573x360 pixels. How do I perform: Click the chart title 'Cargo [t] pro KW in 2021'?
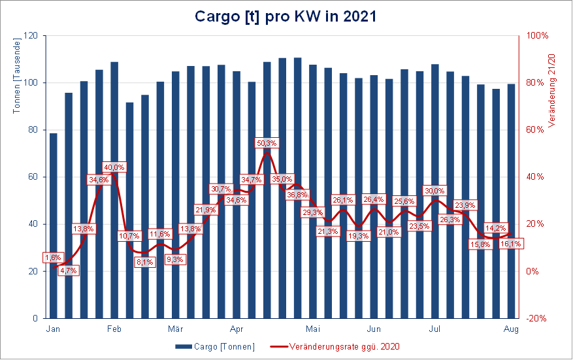pyautogui.click(x=286, y=16)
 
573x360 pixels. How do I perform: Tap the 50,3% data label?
pyautogui.click(x=267, y=142)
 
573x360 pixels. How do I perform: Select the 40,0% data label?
pyautogui.click(x=114, y=167)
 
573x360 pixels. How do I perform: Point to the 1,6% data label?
pyautogui.click(x=54, y=257)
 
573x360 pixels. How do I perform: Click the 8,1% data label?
pyautogui.click(x=144, y=261)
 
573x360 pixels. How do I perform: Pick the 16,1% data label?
pyautogui.click(x=510, y=243)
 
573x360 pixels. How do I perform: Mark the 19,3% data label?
pyautogui.click(x=358, y=236)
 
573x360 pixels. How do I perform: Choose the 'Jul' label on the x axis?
pyautogui.click(x=434, y=329)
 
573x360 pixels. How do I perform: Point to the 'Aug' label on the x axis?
pyautogui.click(x=512, y=329)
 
